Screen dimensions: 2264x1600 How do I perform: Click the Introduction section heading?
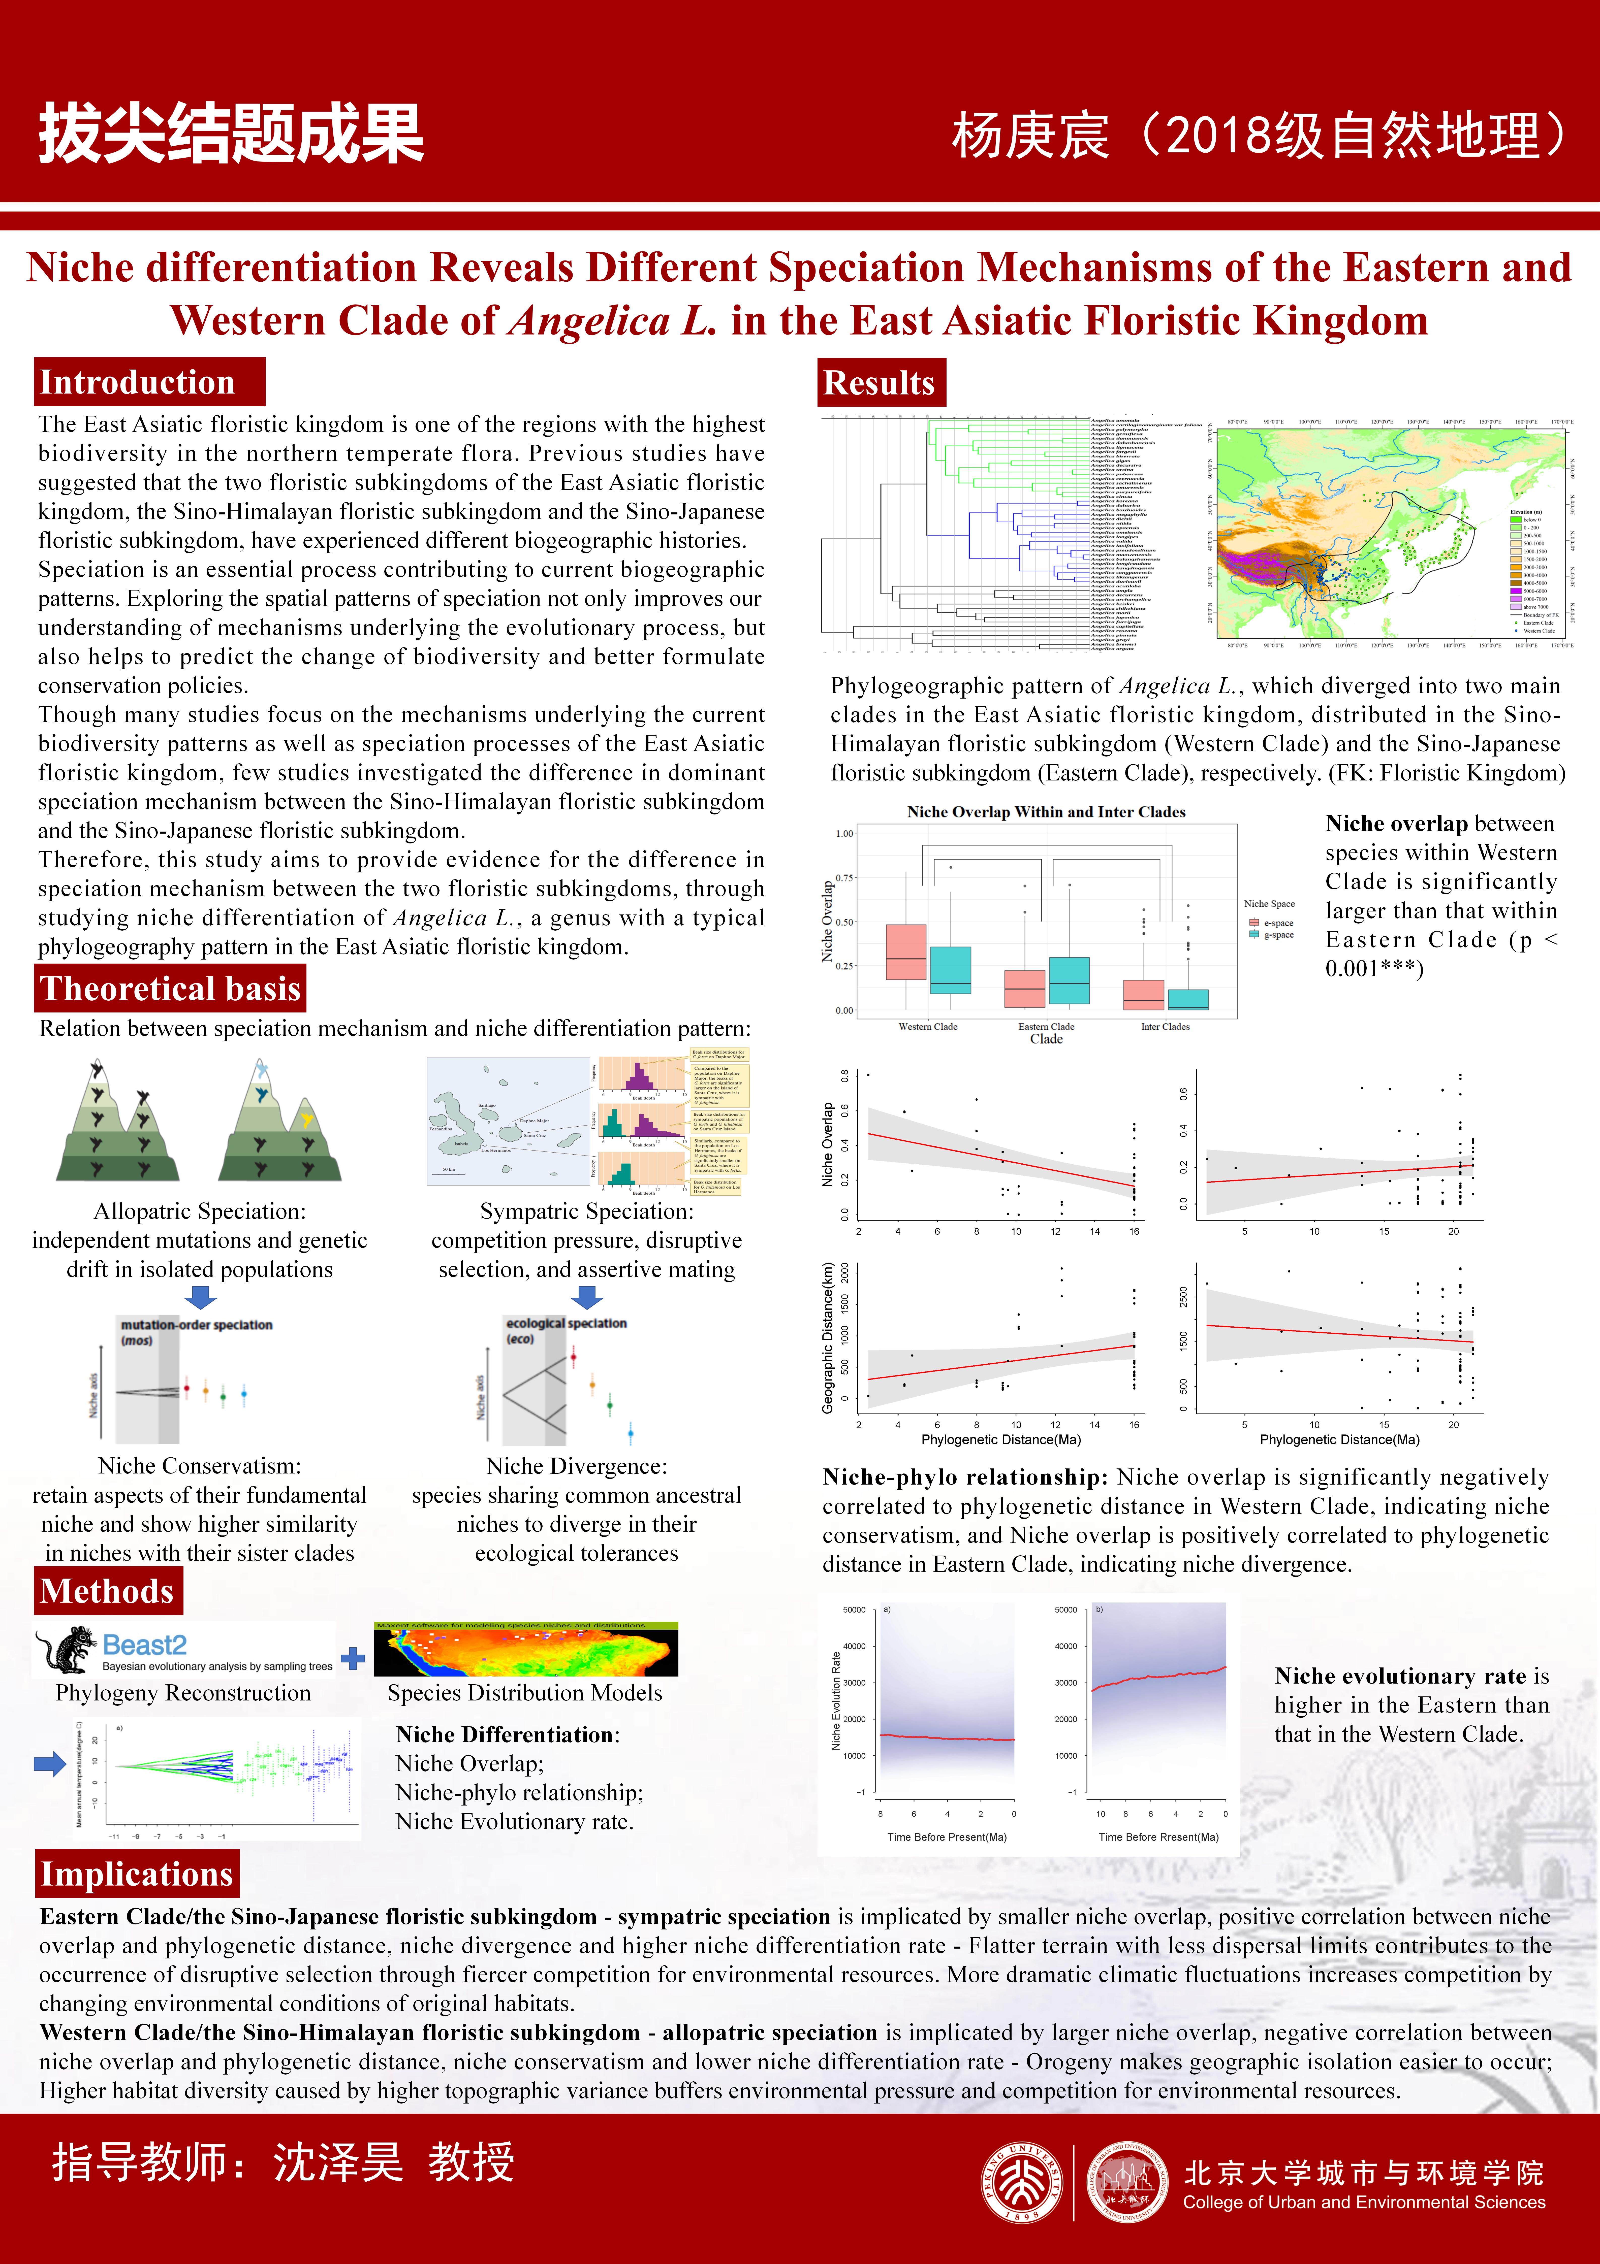click(137, 383)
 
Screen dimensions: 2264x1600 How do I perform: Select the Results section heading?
click(879, 383)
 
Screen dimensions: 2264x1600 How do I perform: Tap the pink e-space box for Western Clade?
click(905, 951)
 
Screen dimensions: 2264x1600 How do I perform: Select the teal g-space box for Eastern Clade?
click(1069, 980)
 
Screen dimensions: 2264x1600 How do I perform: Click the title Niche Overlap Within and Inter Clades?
click(1046, 811)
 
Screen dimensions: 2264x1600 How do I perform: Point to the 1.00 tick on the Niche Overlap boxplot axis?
click(844, 833)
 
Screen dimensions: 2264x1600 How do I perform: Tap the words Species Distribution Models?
click(525, 1693)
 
